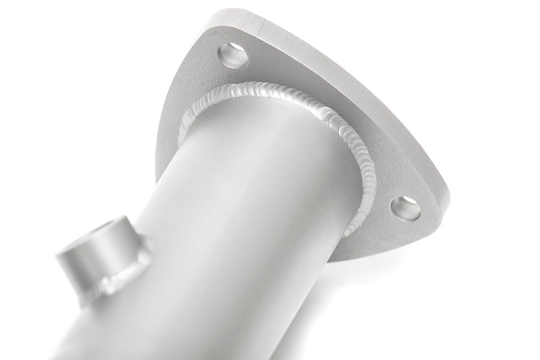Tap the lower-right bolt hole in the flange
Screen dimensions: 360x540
405,208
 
